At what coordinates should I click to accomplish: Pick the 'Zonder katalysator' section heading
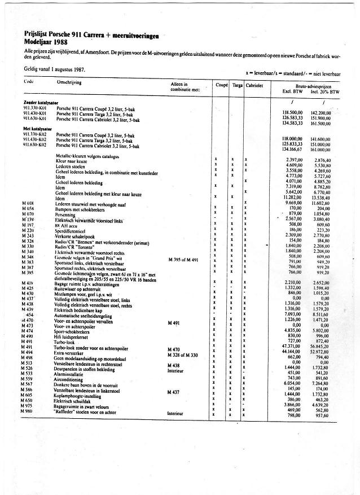pos(41,102)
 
